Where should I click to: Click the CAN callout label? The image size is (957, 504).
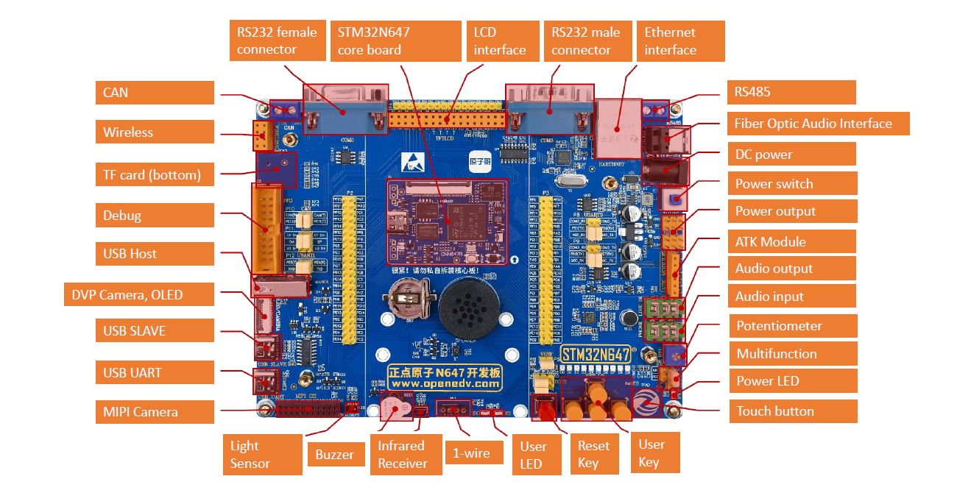tap(155, 93)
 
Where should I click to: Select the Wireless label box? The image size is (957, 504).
tap(155, 132)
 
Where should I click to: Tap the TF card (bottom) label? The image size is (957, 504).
tap(155, 175)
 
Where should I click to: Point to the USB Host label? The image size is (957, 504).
tap(155, 254)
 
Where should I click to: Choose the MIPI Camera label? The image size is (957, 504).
tap(155, 411)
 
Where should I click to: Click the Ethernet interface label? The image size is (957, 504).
tap(680, 41)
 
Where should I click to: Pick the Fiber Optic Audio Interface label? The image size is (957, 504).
tap(818, 124)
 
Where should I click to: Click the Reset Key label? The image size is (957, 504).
tap(593, 454)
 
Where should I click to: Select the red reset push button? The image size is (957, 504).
tap(547, 410)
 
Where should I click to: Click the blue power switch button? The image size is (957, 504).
tap(674, 199)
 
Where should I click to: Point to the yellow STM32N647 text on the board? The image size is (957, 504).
tap(598, 354)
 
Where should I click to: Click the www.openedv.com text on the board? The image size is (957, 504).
tap(445, 384)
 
